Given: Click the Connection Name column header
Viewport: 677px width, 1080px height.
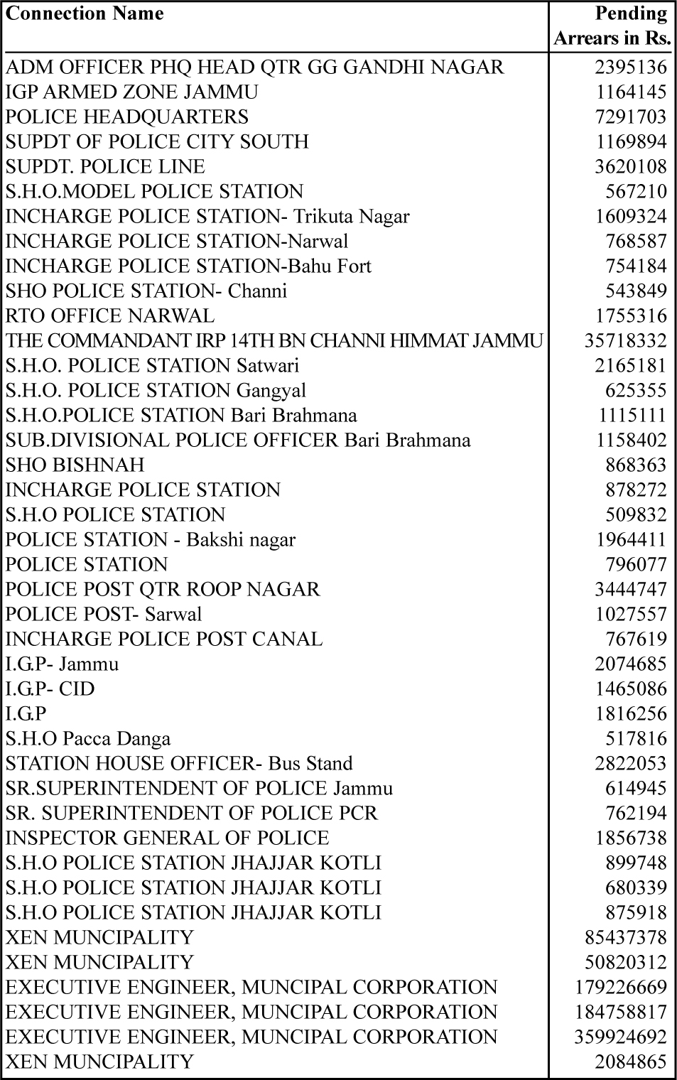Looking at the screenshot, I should [x=85, y=13].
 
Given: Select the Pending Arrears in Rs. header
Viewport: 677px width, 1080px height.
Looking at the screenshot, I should [x=612, y=26].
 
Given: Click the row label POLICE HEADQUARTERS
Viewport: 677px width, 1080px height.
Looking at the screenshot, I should [x=127, y=117].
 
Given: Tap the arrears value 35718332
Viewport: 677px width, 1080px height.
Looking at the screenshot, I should [x=625, y=340].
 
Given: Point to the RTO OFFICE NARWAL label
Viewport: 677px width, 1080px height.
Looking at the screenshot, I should [x=110, y=315].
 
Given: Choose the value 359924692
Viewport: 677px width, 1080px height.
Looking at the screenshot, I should [x=620, y=1037].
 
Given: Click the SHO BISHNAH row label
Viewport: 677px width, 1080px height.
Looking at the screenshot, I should [x=75, y=465].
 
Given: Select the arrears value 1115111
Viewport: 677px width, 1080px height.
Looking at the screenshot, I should [x=631, y=415].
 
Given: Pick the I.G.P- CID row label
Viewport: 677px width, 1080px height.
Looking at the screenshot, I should [x=50, y=688].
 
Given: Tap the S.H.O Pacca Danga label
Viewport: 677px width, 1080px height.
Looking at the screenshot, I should [x=88, y=738].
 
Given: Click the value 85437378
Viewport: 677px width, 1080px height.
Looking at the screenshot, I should [x=625, y=937].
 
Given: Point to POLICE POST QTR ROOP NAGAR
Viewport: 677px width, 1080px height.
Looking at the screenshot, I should [x=163, y=589].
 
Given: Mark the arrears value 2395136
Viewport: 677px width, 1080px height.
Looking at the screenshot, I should [x=631, y=67].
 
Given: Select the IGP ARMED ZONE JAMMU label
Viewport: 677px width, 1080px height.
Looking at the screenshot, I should [x=132, y=92].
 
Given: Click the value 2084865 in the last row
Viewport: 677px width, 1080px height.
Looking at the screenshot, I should [x=631, y=1062].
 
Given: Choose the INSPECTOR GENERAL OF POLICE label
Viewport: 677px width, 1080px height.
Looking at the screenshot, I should [x=168, y=838].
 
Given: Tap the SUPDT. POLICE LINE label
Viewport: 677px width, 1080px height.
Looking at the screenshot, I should [x=105, y=166].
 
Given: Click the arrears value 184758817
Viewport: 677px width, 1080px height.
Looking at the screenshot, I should [x=620, y=1012].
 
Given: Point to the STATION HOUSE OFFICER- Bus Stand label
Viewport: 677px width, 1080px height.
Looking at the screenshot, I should [x=179, y=763].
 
